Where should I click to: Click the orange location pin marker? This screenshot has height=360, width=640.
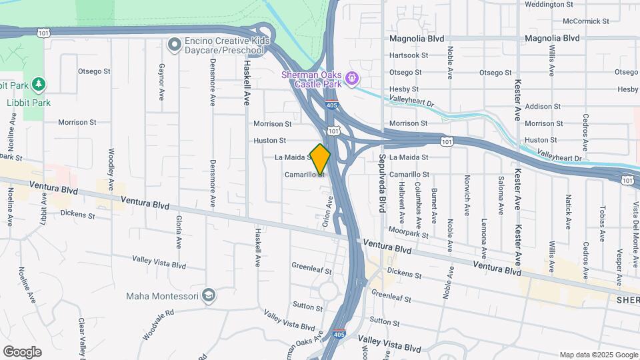(320, 159)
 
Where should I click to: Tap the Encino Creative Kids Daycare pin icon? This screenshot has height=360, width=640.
(175, 45)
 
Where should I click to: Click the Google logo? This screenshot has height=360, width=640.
(22, 352)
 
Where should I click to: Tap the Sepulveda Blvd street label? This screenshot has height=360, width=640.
(383, 182)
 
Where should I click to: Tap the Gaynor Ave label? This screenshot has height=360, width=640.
(161, 83)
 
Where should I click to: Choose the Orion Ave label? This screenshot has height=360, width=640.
(327, 212)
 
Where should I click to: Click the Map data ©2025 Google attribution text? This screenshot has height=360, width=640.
(597, 355)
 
